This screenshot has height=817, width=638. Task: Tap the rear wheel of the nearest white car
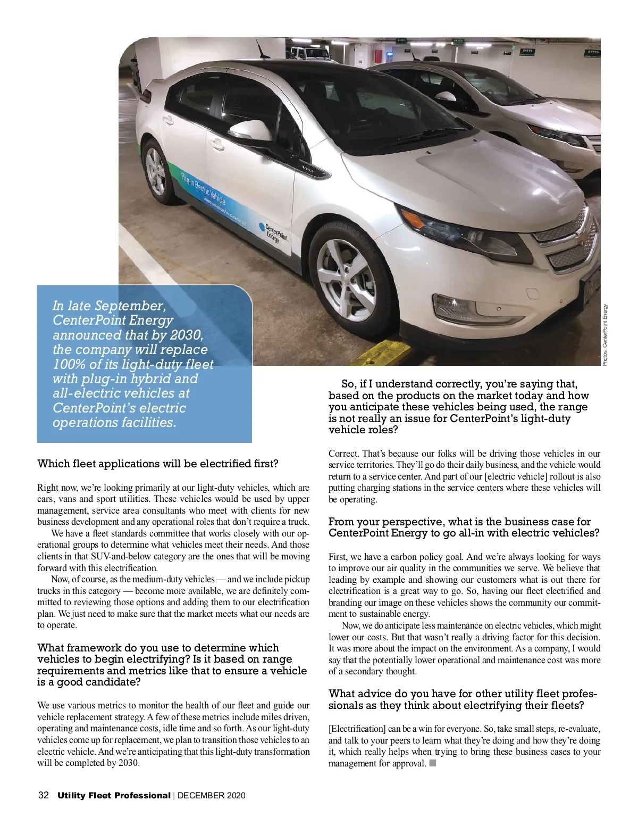[x=156, y=171]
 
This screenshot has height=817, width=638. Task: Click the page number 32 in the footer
[x=44, y=796]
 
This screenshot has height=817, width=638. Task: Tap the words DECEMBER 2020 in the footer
[x=212, y=796]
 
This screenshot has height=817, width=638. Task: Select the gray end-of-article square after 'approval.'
[x=432, y=764]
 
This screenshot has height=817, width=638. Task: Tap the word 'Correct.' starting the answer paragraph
[x=343, y=453]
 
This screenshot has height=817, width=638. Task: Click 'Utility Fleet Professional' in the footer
[x=114, y=796]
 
